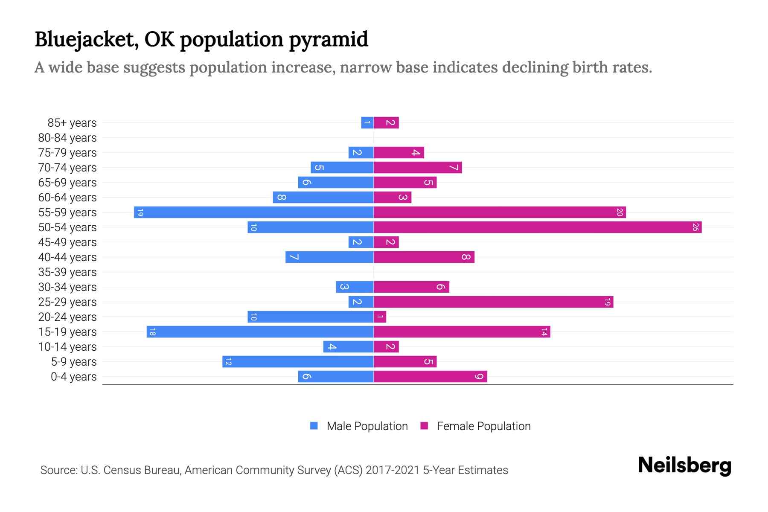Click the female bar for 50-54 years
[538, 227]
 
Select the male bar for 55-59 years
[254, 212]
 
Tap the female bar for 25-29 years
[493, 302]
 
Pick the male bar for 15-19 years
[260, 332]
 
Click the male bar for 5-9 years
[298, 362]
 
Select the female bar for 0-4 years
[430, 377]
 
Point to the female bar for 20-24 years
[380, 317]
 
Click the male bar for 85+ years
[367, 123]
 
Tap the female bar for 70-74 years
[418, 168]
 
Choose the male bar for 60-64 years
[323, 198]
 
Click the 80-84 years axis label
[67, 138]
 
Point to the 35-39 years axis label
[67, 272]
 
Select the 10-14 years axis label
[67, 347]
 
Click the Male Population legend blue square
[314, 426]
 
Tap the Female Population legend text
[483, 426]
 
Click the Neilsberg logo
[684, 465]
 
